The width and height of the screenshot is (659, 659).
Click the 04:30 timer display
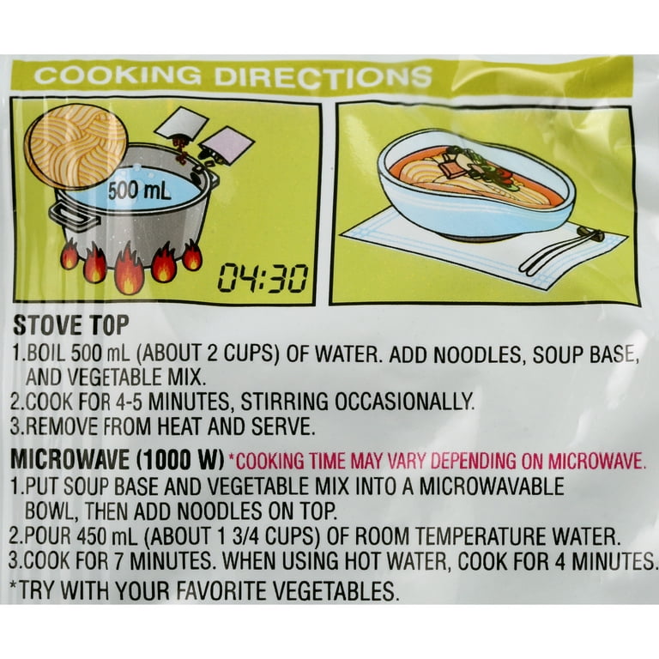[x=262, y=279]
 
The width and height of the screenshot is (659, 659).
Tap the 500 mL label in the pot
[x=139, y=191]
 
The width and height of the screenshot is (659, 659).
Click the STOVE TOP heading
[x=70, y=325]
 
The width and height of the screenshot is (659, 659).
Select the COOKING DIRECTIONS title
[x=233, y=76]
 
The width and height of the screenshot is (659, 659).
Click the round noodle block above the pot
[x=76, y=145]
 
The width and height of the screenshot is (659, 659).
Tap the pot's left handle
[x=74, y=215]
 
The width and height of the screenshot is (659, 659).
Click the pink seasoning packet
[x=227, y=147]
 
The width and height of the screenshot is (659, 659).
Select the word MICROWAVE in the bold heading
[x=70, y=460]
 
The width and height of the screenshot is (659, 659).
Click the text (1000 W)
[x=180, y=460]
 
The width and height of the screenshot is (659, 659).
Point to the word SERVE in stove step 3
[x=283, y=426]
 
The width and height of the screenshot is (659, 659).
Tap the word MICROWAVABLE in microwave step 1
[x=493, y=487]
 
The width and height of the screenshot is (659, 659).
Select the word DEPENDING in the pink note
[x=474, y=461]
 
